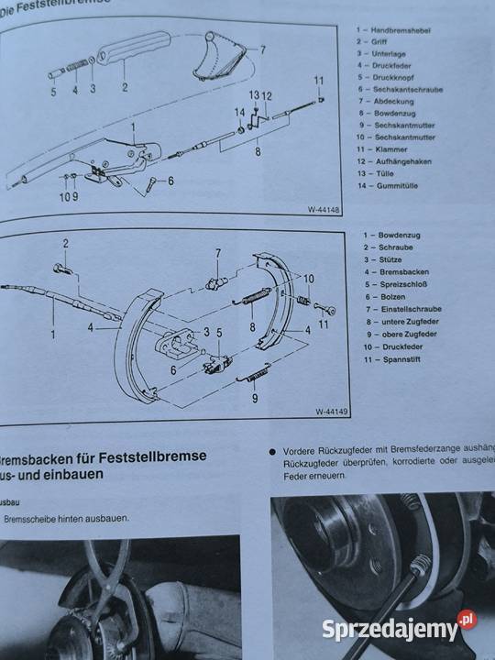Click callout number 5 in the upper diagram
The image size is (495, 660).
click(53, 91)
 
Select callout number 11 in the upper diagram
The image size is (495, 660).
click(318, 81)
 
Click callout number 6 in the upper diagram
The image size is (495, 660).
click(170, 181)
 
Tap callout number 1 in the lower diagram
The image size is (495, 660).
click(52, 335)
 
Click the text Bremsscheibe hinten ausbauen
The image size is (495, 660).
click(67, 518)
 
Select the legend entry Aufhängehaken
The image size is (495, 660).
click(399, 173)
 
